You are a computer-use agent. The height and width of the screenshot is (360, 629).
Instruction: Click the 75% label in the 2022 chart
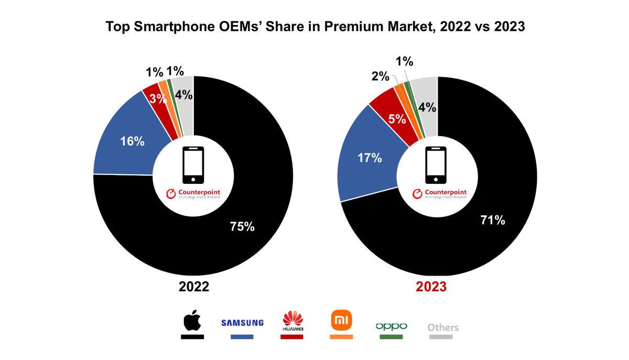(x=242, y=226)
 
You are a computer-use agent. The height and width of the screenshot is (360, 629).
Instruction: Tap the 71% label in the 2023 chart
(x=493, y=220)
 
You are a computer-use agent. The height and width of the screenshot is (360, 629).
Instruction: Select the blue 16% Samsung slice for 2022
(x=131, y=141)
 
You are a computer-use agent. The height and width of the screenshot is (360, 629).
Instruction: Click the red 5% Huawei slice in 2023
(x=397, y=118)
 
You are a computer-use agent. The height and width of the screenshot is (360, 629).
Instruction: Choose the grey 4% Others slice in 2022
(x=184, y=95)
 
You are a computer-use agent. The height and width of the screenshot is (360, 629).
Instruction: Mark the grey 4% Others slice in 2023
(x=427, y=107)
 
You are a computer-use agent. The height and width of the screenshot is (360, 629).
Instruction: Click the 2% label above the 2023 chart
(x=380, y=77)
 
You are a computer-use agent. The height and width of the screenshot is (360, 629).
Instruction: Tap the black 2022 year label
(x=193, y=287)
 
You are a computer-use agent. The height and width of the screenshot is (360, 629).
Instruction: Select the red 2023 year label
(x=431, y=287)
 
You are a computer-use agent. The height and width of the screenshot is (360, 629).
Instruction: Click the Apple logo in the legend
(x=192, y=320)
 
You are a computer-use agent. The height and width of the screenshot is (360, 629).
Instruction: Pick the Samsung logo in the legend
(x=242, y=322)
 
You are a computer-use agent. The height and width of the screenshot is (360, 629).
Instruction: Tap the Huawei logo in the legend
(x=293, y=321)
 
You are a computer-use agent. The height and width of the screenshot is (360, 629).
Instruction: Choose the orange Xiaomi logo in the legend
(x=341, y=320)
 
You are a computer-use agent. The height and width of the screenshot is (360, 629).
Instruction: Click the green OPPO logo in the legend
(x=392, y=326)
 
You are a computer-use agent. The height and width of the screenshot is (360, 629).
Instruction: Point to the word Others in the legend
(x=443, y=328)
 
